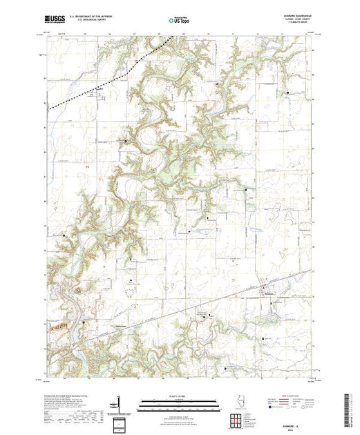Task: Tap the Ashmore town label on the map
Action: coord(271,292)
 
